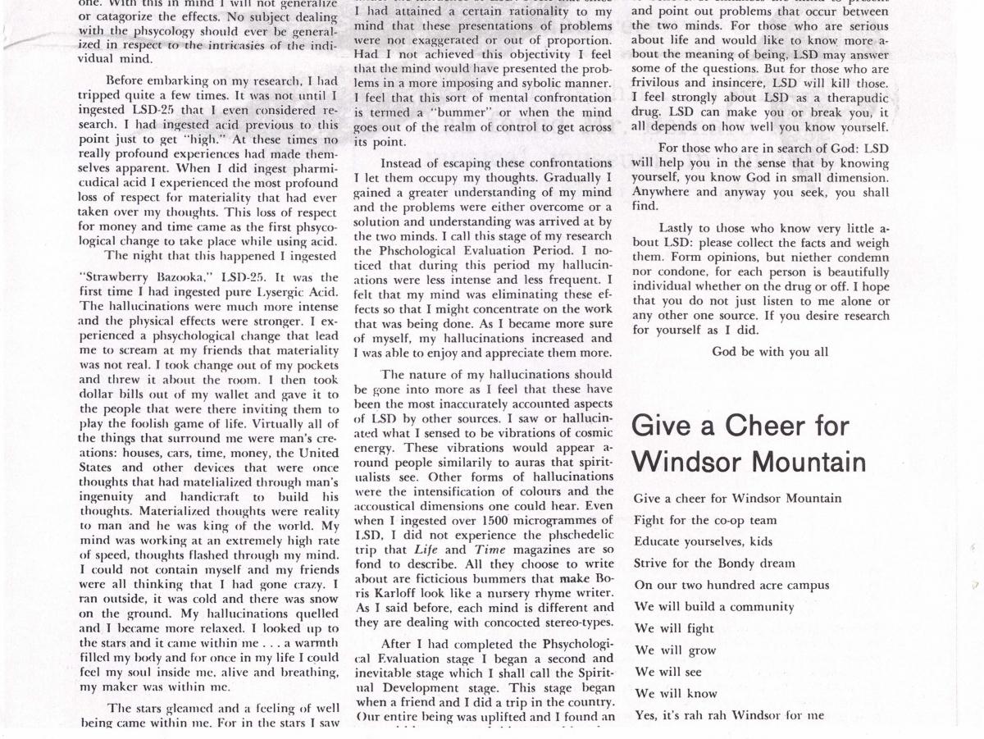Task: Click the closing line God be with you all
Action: [x=770, y=352]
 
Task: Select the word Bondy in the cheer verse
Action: [x=736, y=563]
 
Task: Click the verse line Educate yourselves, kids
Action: [x=703, y=541]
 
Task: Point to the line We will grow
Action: [x=675, y=650]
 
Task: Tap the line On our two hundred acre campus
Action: [x=731, y=586]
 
